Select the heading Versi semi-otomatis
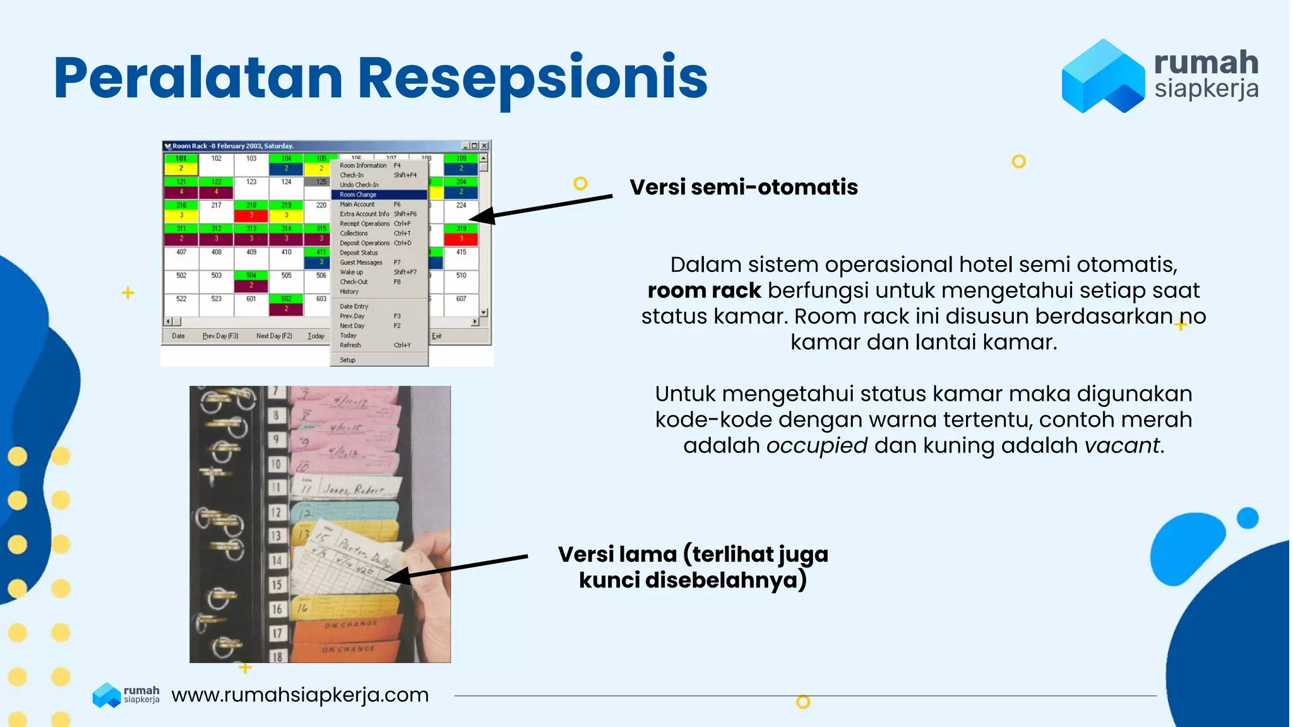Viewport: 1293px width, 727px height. (743, 187)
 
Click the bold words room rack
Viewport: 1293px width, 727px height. (704, 290)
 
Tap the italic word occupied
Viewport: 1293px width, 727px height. (816, 446)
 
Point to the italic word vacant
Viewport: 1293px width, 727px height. (1122, 446)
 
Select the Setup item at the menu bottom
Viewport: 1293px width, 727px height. (348, 360)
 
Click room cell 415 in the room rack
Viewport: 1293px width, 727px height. (461, 252)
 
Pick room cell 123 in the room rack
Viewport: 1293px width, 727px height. (251, 182)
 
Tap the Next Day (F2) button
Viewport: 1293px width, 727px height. (274, 336)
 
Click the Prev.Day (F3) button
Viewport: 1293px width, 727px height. (220, 336)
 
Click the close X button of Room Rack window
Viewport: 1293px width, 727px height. (484, 146)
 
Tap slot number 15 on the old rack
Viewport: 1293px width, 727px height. (277, 584)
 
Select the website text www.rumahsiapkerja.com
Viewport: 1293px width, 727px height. (300, 695)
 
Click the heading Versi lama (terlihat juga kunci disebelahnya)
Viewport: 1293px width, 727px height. (693, 567)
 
